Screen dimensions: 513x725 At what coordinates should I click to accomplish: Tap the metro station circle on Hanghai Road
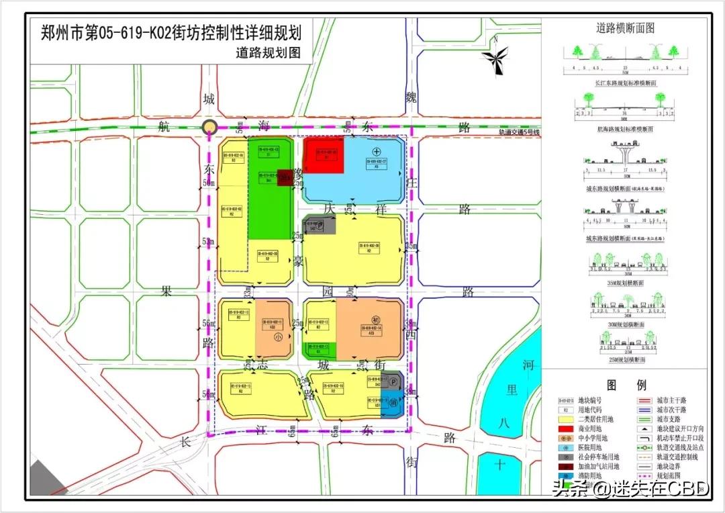coord(210,128)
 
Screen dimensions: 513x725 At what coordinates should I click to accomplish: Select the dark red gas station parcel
coord(285,177)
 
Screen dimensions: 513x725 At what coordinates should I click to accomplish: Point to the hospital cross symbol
coord(377,150)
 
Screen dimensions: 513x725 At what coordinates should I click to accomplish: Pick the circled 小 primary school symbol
coord(279,338)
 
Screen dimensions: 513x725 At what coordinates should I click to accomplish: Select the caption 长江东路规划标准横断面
coord(625,82)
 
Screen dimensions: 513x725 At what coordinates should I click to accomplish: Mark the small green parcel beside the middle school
coord(320,348)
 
